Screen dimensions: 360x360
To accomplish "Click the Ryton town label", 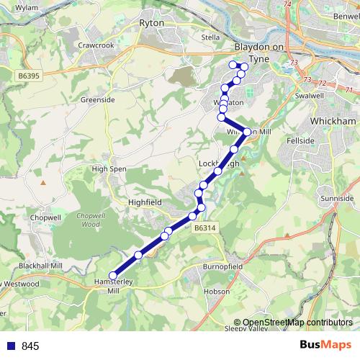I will tap(154, 23).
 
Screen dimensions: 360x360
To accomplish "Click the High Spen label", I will tap(109, 168).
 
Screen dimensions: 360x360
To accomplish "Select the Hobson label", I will tap(216, 292).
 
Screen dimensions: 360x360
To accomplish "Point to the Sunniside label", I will tap(338, 197).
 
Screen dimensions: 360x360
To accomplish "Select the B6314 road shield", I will tap(205, 228).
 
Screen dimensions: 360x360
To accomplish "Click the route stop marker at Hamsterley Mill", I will tap(113, 274).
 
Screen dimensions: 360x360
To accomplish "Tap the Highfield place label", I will tap(143, 203).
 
